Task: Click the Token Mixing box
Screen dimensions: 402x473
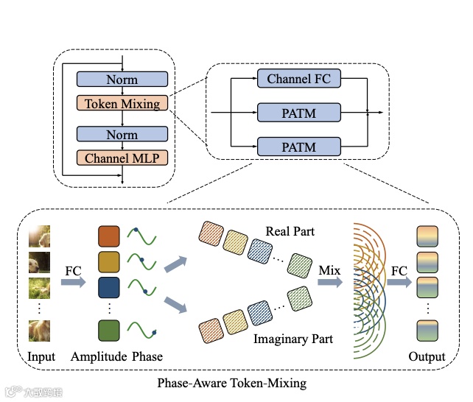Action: pos(122,103)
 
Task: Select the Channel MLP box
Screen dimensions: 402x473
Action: pos(122,158)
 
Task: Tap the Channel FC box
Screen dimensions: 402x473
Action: pos(298,78)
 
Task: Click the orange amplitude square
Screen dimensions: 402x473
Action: pos(108,237)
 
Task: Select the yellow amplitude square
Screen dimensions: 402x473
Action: pos(108,262)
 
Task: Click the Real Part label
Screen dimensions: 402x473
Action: pos(290,231)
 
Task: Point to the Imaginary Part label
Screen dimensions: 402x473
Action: pos(293,339)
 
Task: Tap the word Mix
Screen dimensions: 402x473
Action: pos(329,270)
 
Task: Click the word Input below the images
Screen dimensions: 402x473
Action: pos(41,357)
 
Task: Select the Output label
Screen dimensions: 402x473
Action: pos(427,357)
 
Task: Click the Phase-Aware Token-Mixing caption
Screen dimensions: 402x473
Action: pos(232,383)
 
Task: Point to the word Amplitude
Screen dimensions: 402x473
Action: pos(99,357)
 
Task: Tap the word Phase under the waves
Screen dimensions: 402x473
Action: pos(147,357)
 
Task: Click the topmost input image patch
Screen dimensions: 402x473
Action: pos(40,237)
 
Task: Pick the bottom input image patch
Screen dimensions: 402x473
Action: pos(40,331)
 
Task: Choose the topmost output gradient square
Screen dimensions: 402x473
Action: pos(427,236)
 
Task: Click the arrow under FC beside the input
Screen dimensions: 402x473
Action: pos(72,284)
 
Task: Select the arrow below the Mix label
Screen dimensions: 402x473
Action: pos(330,283)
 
